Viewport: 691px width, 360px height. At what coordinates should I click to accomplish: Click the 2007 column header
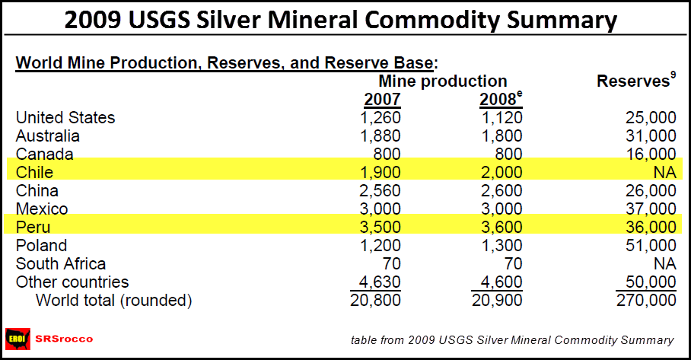click(382, 100)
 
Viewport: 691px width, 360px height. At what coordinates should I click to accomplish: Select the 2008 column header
click(502, 100)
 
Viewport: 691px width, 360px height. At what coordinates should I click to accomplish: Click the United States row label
click(65, 118)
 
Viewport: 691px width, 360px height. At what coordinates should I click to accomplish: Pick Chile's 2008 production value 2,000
click(498, 173)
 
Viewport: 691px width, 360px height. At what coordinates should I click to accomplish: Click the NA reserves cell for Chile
click(664, 173)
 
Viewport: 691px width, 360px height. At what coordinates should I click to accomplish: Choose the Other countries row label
click(72, 282)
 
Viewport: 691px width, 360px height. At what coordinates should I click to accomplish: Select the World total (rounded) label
click(114, 301)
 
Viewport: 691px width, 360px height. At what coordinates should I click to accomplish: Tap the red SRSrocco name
click(64, 339)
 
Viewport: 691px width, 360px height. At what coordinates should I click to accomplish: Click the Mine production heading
click(443, 81)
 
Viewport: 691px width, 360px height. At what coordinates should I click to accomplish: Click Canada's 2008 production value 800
click(506, 155)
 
